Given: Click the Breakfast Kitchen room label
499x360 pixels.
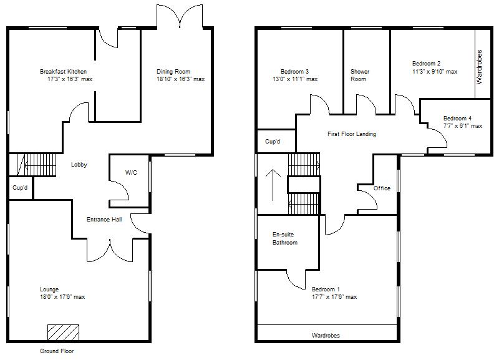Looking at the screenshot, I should coord(63,72).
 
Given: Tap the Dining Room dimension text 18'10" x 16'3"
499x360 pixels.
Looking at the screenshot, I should coord(180,79).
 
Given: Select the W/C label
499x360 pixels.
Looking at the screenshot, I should coord(131,173).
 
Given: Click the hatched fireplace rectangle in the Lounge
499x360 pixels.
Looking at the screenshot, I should coord(63,332).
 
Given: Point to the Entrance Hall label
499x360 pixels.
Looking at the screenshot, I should coord(104,220).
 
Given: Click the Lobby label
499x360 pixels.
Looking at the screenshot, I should coord(79,165).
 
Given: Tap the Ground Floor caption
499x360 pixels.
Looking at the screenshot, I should coord(57,351).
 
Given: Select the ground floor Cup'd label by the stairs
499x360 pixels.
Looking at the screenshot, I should coord(20,187).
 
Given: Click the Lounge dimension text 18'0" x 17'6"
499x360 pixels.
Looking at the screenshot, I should coord(62,297).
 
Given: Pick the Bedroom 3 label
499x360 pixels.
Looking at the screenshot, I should coord(294,72).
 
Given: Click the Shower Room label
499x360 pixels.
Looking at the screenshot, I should coord(360,75).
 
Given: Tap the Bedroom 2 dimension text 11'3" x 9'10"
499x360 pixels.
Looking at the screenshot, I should coord(434,72).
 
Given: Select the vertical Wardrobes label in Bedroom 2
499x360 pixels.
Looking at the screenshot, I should coord(480,67).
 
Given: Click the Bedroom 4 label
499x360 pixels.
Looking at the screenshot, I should coord(457,119).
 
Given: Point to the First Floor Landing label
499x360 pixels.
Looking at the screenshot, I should coord(352,134).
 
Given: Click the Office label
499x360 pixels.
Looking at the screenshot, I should coord(382,188).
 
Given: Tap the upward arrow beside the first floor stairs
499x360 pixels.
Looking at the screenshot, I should coord(272,184).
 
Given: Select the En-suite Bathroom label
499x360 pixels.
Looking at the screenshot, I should coord(285,238).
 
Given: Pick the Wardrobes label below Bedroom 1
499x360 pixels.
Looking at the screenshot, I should coord(326,336).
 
